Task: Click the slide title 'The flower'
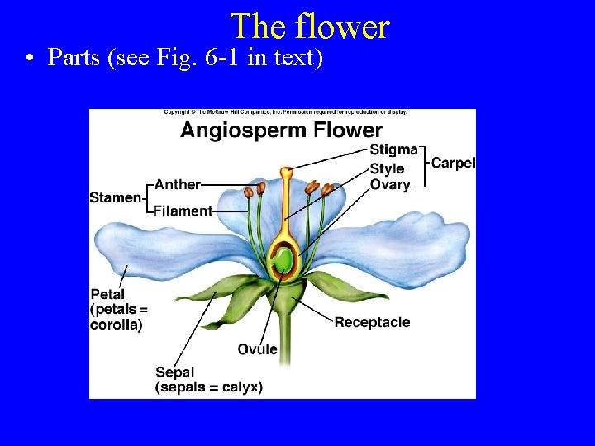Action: tap(309, 26)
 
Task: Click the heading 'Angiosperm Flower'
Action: tap(281, 130)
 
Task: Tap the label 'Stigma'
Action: tap(393, 150)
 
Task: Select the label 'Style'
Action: tap(387, 168)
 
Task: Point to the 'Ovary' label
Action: tap(390, 184)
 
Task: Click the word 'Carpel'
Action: tap(453, 163)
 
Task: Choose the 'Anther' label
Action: tap(177, 185)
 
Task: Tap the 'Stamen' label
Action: tap(116, 197)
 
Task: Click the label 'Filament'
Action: tap(183, 211)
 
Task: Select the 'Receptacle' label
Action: tap(372, 322)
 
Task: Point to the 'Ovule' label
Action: tap(258, 349)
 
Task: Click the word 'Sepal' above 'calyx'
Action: tap(174, 372)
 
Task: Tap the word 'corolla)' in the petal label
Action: tap(116, 325)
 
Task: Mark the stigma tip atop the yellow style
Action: tap(286, 173)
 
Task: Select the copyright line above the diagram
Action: tap(285, 112)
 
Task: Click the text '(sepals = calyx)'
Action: tap(209, 387)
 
